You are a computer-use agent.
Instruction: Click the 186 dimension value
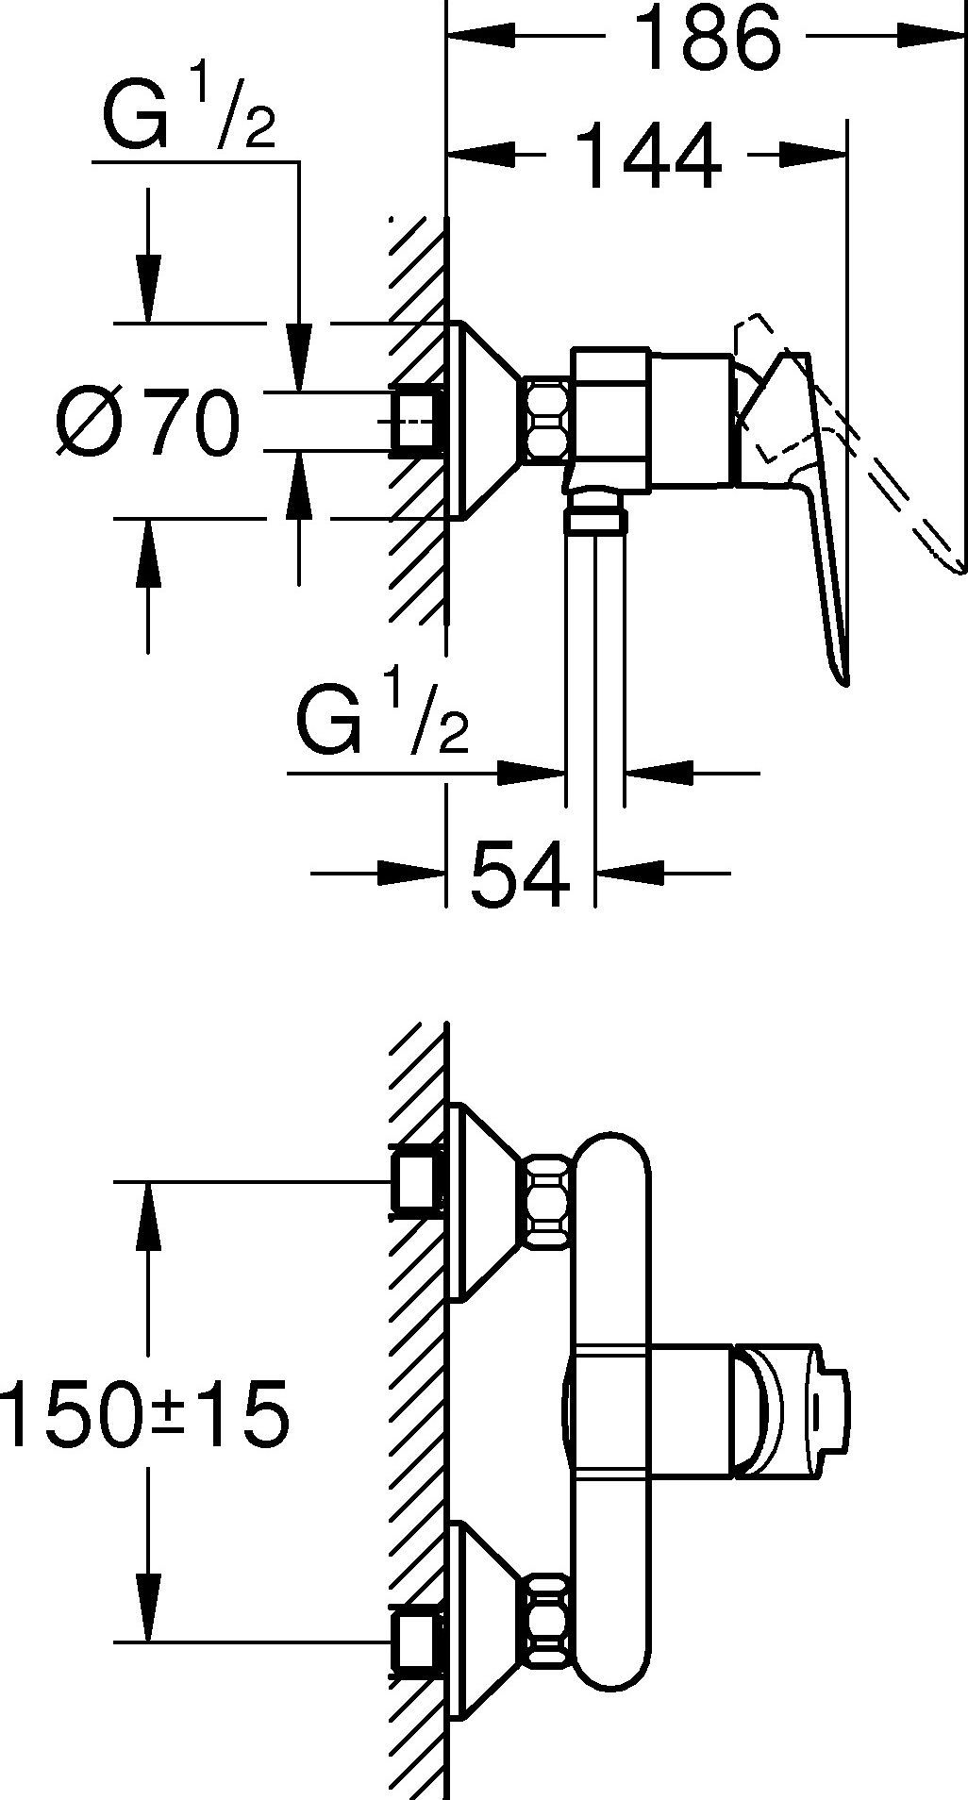point(707,39)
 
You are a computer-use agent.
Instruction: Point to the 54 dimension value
point(520,873)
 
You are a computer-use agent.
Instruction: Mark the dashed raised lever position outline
point(849,443)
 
